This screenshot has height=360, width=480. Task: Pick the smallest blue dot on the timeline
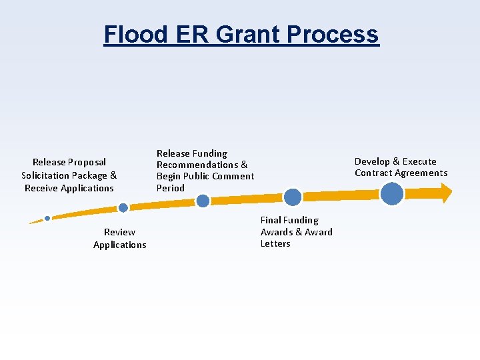pyautogui.click(x=47, y=218)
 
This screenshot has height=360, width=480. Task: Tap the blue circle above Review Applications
pyautogui.click(x=123, y=208)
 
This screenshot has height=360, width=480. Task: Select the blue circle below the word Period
pyautogui.click(x=203, y=201)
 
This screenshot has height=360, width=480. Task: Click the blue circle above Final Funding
pyautogui.click(x=293, y=197)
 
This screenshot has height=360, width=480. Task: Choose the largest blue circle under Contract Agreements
pyautogui.click(x=392, y=193)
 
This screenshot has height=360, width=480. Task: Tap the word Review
pyautogui.click(x=119, y=232)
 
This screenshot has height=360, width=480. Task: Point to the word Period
pyautogui.click(x=170, y=188)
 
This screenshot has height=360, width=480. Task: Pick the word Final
pyautogui.click(x=270, y=220)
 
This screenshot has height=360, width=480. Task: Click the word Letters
pyautogui.click(x=275, y=243)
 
